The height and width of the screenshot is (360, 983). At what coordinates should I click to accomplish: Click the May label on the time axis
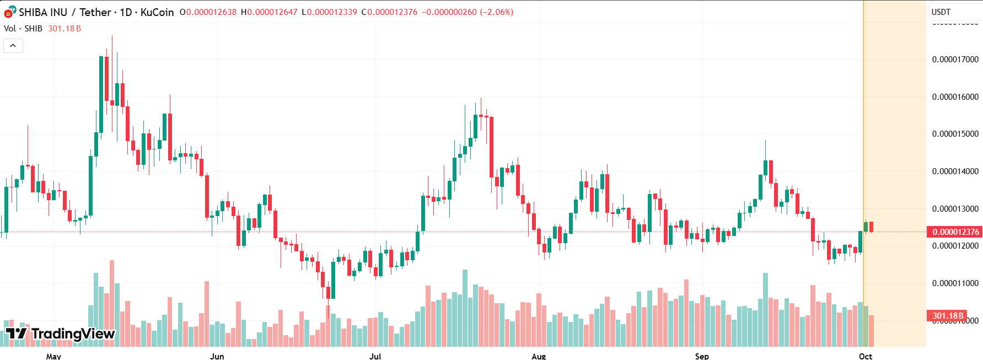click(x=53, y=356)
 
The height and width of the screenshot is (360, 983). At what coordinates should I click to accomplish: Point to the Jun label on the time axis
click(x=217, y=356)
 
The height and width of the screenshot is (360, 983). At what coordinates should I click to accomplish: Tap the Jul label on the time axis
click(x=375, y=356)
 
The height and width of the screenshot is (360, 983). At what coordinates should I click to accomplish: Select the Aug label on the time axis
click(x=539, y=356)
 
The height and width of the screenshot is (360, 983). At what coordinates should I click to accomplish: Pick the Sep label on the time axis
click(x=702, y=356)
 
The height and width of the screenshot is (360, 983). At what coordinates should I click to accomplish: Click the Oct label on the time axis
click(x=866, y=356)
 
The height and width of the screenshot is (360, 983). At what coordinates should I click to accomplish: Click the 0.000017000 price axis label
click(x=955, y=60)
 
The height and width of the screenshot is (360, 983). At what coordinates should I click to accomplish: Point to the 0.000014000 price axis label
click(x=955, y=171)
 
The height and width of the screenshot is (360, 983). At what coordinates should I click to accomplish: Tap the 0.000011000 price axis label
click(x=955, y=283)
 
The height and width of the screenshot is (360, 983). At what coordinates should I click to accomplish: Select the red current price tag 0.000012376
click(x=955, y=232)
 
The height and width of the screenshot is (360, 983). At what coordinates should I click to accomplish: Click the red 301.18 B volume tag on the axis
click(x=947, y=316)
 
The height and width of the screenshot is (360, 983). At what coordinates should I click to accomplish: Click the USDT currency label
click(x=941, y=12)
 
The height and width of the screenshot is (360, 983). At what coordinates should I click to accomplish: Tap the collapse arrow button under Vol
click(x=13, y=46)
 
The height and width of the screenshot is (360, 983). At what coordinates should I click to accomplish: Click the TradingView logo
click(x=60, y=334)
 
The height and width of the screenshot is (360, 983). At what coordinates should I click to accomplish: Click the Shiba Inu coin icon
click(x=9, y=12)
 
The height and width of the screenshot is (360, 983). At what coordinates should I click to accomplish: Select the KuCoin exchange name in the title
click(x=157, y=12)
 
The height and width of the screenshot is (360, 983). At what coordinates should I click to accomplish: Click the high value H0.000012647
click(x=269, y=12)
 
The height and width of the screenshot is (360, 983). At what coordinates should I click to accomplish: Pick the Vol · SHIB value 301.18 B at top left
click(x=65, y=29)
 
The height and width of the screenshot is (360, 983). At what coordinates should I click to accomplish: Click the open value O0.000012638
click(x=208, y=12)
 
